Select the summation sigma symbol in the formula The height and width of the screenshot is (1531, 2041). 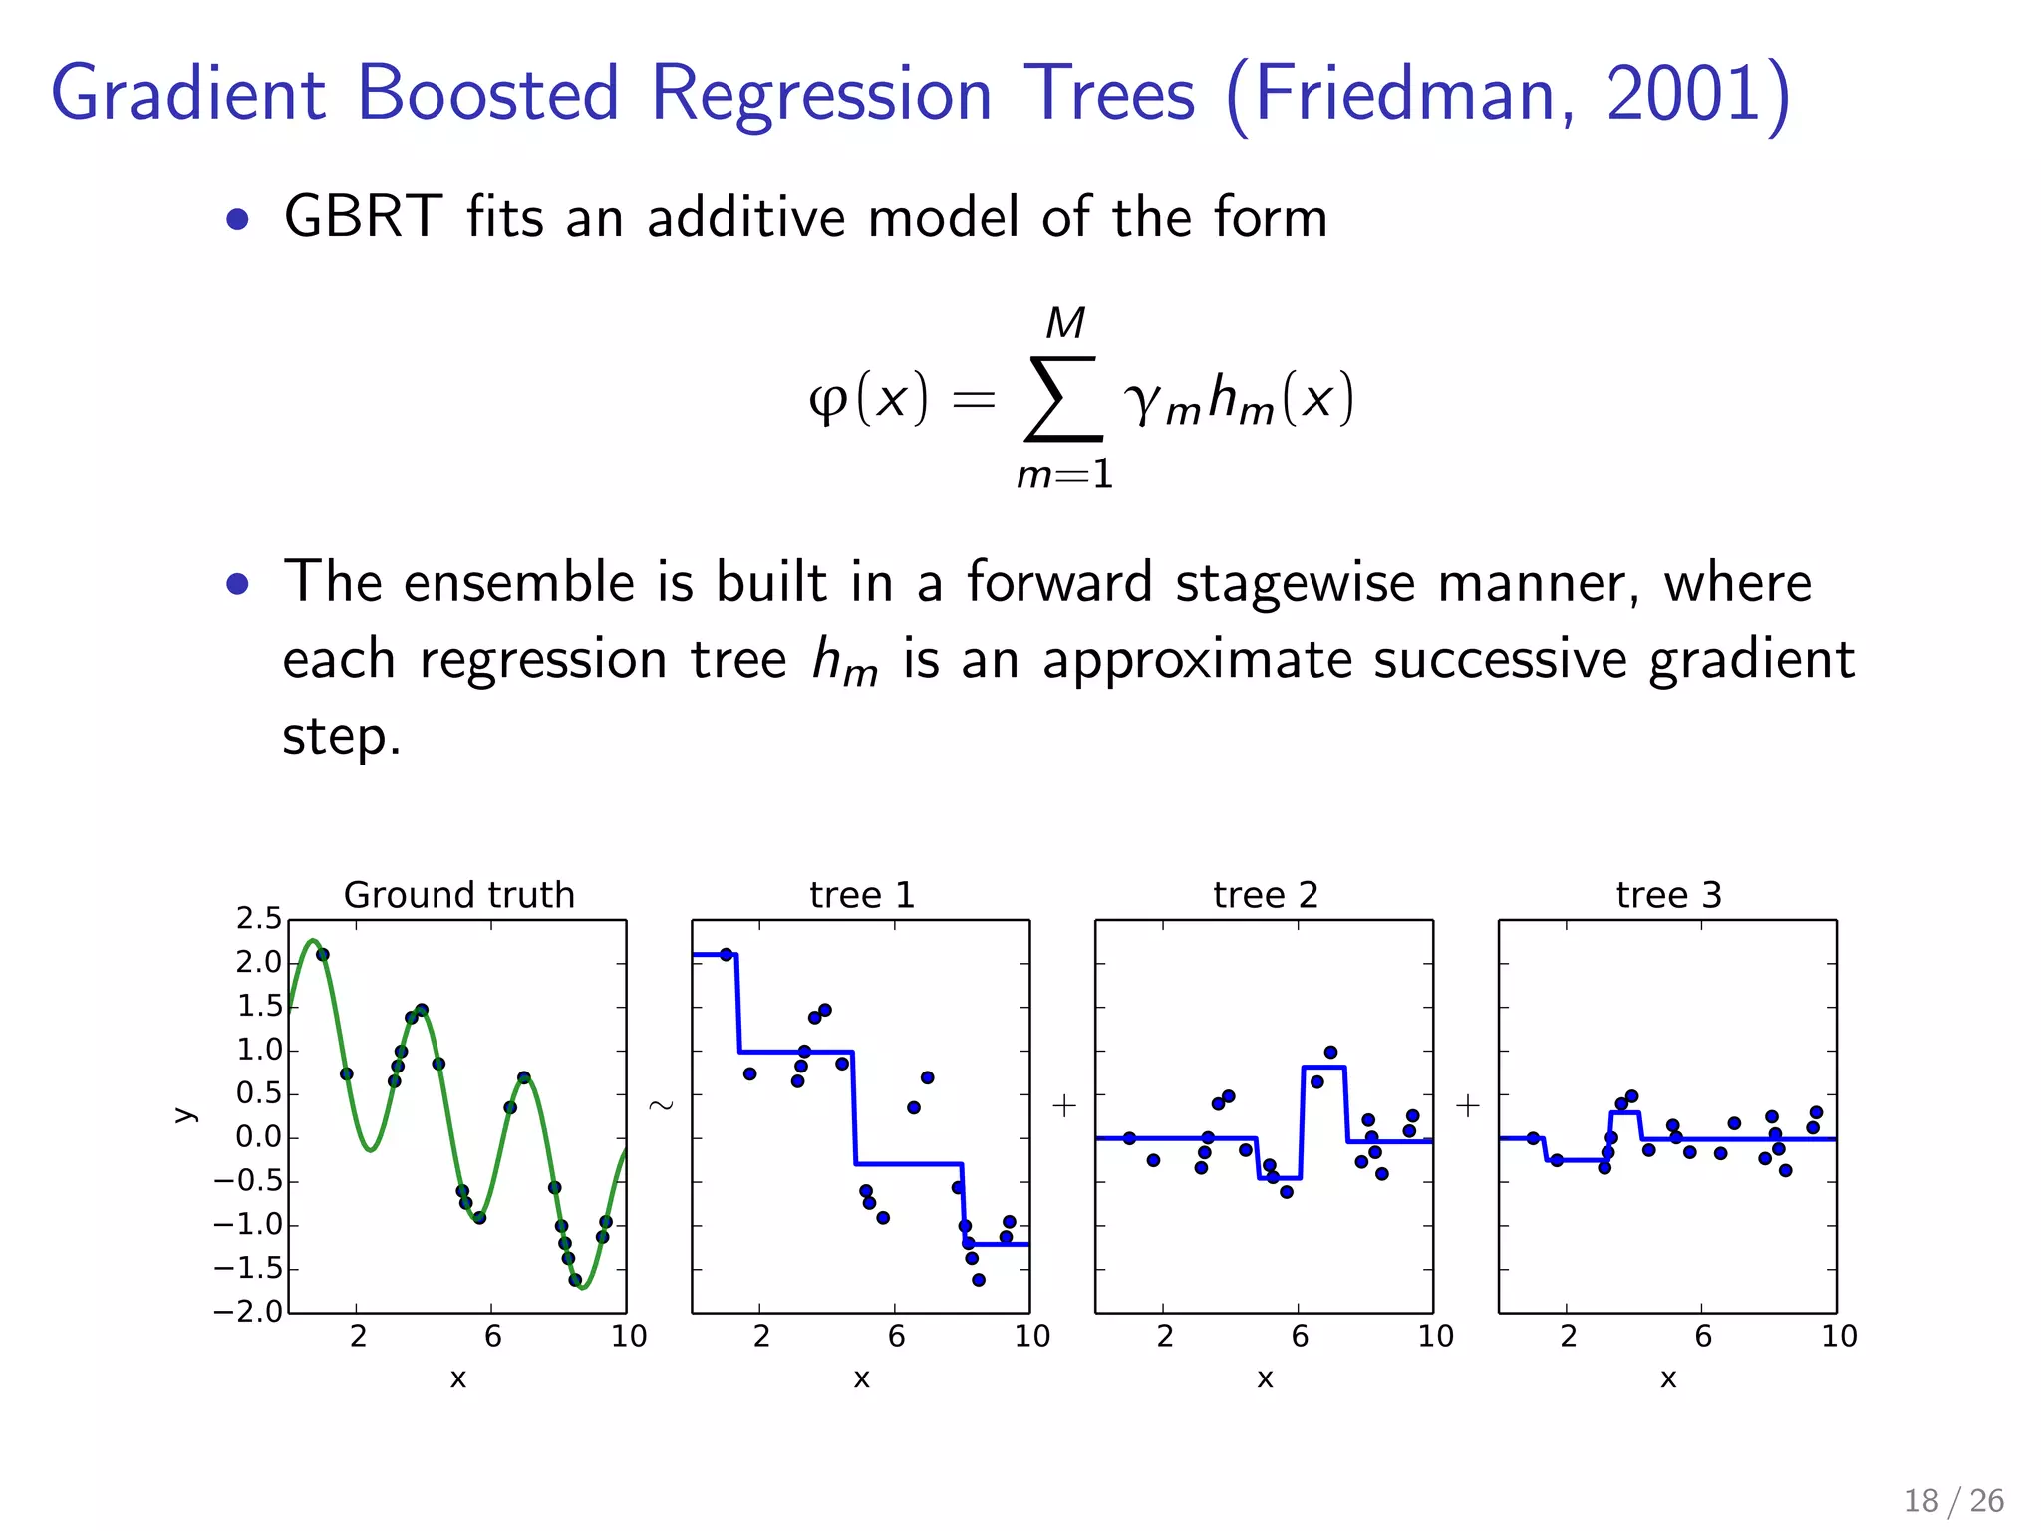[x=1063, y=399]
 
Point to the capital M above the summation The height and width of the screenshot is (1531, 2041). [x=1065, y=323]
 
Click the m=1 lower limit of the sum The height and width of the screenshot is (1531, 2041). [x=1064, y=474]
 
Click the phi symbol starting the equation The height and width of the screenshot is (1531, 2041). [x=828, y=401]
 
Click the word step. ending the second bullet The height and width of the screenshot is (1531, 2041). [x=341, y=738]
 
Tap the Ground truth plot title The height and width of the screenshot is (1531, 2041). [x=458, y=895]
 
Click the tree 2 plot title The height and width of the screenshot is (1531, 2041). [x=1265, y=895]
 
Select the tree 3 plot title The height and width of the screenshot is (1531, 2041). [x=1668, y=895]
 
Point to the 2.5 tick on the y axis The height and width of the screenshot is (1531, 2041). [x=259, y=919]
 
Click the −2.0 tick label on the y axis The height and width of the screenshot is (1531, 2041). [x=248, y=1312]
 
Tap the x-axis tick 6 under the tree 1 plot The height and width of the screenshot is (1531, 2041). [x=896, y=1336]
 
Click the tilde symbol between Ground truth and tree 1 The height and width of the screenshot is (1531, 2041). [x=661, y=1105]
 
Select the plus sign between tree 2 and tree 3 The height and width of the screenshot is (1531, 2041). [x=1467, y=1105]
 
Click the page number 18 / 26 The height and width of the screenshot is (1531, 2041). [x=1953, y=1500]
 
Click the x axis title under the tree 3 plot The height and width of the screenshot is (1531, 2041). [x=1668, y=1378]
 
